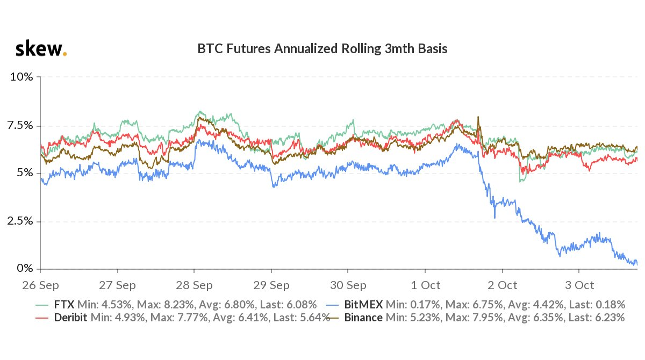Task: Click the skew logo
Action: (x=40, y=50)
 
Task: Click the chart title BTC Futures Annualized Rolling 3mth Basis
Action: (x=322, y=49)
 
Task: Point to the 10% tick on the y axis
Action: (x=22, y=77)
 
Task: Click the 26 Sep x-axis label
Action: (x=41, y=284)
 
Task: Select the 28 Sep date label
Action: (x=194, y=284)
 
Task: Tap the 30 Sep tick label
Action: (x=348, y=284)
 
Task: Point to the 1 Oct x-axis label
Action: (x=425, y=284)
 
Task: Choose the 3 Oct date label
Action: (x=579, y=284)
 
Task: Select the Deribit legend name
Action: (x=71, y=318)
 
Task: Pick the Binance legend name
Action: (x=364, y=318)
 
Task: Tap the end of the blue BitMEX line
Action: (x=636, y=263)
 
